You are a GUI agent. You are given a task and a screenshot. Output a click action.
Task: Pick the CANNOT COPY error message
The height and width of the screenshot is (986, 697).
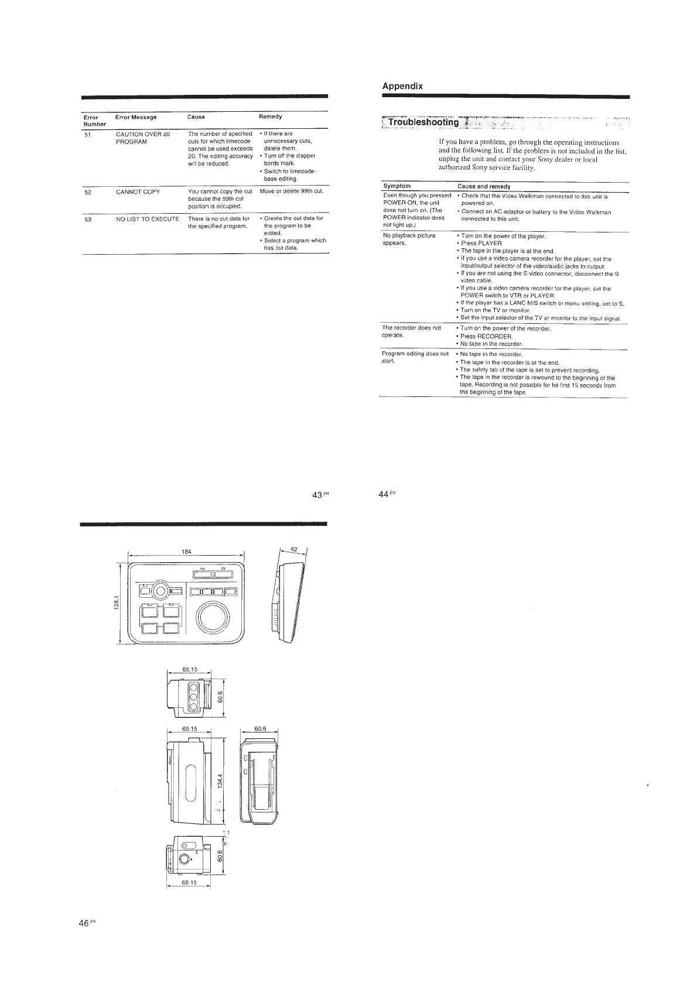pyautogui.click(x=138, y=191)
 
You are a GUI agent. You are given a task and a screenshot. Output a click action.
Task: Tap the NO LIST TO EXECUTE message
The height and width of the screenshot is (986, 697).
pyautogui.click(x=148, y=218)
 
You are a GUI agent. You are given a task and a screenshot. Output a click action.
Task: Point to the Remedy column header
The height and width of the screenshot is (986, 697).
pyautogui.click(x=271, y=117)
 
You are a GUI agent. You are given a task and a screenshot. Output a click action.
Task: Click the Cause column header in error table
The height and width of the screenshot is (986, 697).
pyautogui.click(x=196, y=117)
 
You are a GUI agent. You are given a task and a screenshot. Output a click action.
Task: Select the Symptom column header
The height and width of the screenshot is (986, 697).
pyautogui.click(x=397, y=186)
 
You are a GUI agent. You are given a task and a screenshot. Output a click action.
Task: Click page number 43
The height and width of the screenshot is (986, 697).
pyautogui.click(x=318, y=495)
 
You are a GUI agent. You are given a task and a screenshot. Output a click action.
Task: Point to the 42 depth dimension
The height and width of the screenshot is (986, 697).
pyautogui.click(x=295, y=549)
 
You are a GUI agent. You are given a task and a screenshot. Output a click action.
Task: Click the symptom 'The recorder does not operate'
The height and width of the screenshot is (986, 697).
pyautogui.click(x=411, y=331)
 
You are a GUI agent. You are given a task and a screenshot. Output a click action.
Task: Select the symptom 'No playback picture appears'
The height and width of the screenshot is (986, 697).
pyautogui.click(x=409, y=239)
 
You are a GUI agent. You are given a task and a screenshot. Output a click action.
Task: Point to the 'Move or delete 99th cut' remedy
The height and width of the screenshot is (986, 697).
pyautogui.click(x=292, y=191)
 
